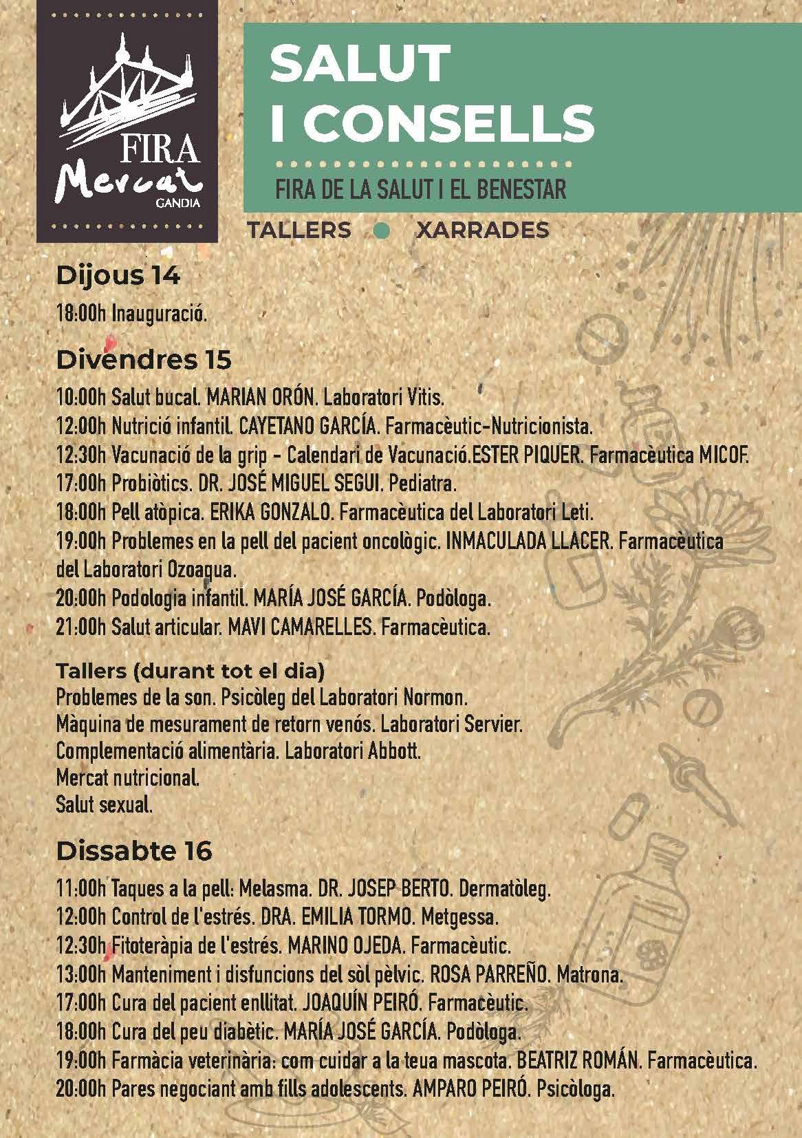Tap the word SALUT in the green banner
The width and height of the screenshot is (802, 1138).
point(359,63)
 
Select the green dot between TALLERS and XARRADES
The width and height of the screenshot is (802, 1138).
point(383,232)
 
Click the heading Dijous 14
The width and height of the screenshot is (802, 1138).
point(118,277)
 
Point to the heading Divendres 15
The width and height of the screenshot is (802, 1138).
point(143,360)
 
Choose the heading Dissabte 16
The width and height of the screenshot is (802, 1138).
point(133,851)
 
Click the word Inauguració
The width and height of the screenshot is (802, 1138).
point(160,315)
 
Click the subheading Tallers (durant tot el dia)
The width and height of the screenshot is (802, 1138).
point(190,669)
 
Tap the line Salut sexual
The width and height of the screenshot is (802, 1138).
point(104,805)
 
